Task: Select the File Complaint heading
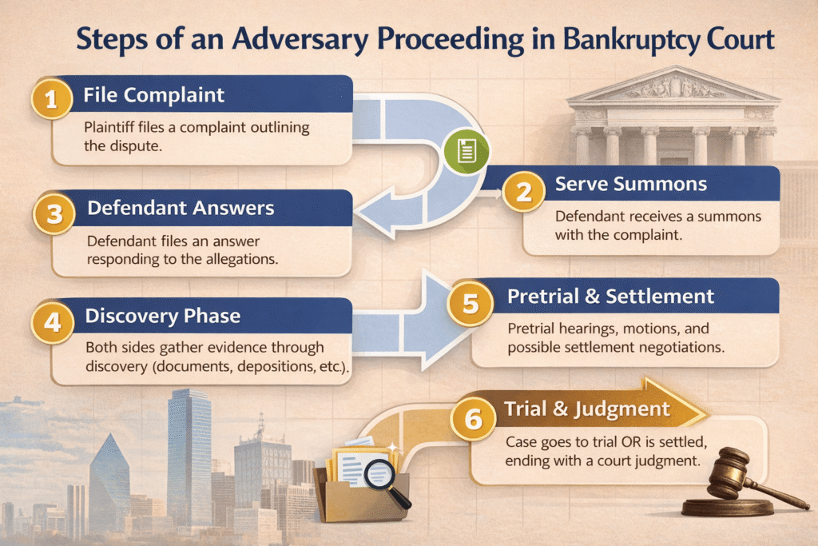click(154, 96)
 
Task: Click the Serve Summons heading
click(631, 185)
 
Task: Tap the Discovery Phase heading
click(163, 317)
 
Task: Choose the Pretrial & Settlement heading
click(611, 297)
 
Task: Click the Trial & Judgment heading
click(586, 409)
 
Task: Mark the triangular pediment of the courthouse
click(673, 86)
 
